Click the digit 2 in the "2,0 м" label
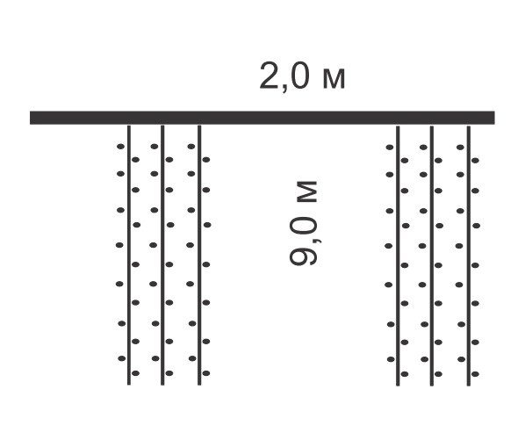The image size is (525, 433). (270, 76)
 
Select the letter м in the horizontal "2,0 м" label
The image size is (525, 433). (334, 79)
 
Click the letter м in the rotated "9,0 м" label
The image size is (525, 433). (306, 191)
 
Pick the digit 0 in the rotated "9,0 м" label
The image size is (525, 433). (303, 229)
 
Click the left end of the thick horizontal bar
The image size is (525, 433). (30, 118)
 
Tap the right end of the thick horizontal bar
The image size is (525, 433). (494, 118)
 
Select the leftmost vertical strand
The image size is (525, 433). (129, 256)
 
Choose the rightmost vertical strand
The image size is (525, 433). (469, 256)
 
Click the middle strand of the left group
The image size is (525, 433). (162, 256)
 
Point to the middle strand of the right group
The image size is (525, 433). (432, 256)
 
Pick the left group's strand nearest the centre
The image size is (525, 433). (199, 256)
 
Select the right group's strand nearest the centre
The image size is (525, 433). (398, 256)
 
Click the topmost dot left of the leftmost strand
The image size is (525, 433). (120, 147)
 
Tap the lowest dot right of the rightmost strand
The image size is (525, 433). (475, 374)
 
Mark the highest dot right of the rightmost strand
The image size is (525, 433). (475, 161)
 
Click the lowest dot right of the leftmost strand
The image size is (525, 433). (135, 373)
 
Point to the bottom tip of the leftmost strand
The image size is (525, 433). (129, 385)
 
